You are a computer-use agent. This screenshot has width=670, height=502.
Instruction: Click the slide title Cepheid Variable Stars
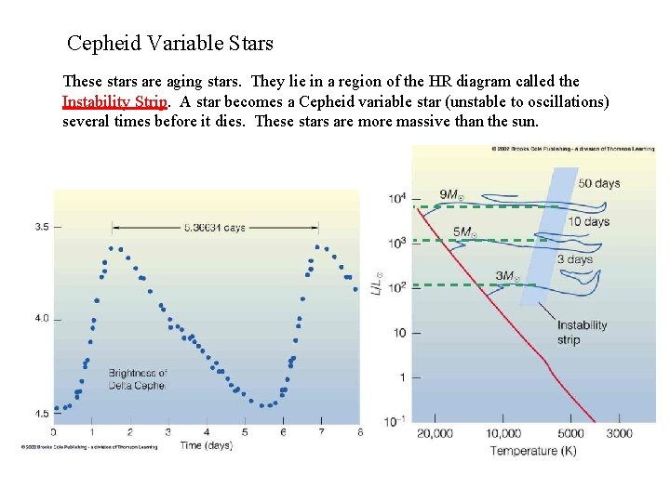click(x=170, y=43)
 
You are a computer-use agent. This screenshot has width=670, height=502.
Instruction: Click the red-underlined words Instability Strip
click(x=114, y=101)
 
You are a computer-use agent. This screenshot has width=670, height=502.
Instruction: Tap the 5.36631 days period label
click(x=215, y=227)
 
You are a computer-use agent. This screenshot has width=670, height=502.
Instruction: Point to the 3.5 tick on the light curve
click(x=43, y=227)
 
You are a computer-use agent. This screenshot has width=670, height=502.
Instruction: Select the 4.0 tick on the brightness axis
click(x=43, y=319)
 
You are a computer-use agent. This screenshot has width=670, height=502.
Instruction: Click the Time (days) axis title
click(x=205, y=445)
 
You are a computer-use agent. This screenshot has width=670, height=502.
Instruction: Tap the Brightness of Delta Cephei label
click(x=138, y=379)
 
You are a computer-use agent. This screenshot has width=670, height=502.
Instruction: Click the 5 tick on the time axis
click(x=245, y=432)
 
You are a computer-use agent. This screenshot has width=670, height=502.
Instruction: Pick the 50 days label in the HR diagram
click(x=598, y=183)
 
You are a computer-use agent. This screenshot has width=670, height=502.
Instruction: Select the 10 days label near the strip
click(x=588, y=221)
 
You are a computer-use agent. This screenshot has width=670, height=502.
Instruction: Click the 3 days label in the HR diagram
click(x=574, y=259)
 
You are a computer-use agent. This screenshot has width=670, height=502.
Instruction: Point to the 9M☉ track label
click(x=452, y=194)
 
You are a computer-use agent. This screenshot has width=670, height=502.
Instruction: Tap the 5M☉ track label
click(x=465, y=231)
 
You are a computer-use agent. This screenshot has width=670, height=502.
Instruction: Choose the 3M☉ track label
click(x=508, y=276)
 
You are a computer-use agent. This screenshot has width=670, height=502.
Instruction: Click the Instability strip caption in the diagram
click(x=582, y=332)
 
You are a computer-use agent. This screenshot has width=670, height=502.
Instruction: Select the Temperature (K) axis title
click(x=533, y=451)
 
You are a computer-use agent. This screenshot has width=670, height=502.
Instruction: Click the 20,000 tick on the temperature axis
click(x=435, y=433)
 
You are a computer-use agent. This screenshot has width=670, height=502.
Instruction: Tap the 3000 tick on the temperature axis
click(x=620, y=433)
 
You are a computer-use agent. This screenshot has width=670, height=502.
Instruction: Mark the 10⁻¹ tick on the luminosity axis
click(x=396, y=422)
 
